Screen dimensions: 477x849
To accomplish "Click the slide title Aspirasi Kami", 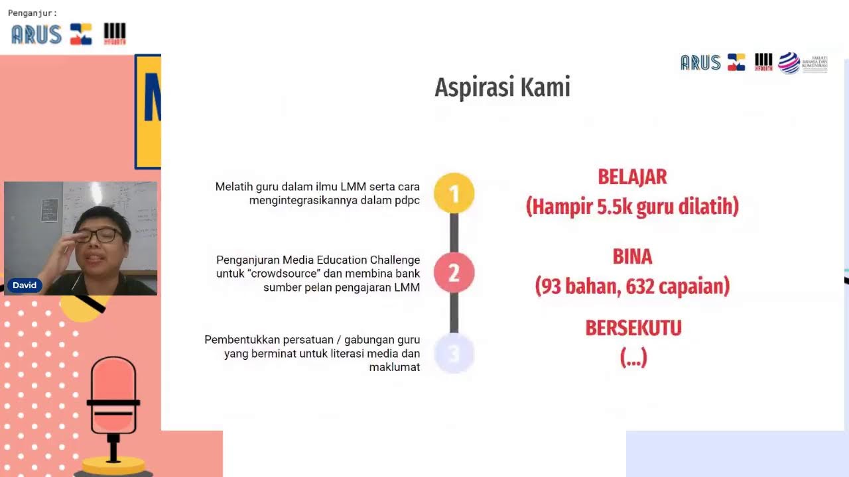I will click(502, 87).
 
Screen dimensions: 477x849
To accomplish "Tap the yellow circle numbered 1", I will click(454, 193).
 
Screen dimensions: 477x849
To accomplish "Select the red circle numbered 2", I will click(454, 272).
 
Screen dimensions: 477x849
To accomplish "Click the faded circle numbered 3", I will click(454, 353).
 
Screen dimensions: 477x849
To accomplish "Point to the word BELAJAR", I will click(632, 177).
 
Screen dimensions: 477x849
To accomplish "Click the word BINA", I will click(632, 256).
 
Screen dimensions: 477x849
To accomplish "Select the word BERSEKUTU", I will click(633, 328).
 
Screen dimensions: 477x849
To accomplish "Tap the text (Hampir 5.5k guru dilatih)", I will click(632, 207).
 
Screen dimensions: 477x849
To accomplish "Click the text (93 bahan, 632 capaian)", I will click(632, 286).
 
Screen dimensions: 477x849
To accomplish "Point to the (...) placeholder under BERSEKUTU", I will click(633, 358).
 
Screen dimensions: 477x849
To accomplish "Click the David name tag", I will click(25, 286).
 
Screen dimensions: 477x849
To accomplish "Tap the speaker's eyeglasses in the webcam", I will click(99, 235).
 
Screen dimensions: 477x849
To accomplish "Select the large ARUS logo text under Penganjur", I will click(36, 34).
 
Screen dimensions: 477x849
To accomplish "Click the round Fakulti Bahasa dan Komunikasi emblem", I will click(789, 63).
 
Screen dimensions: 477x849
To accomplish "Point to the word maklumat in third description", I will click(394, 367).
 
